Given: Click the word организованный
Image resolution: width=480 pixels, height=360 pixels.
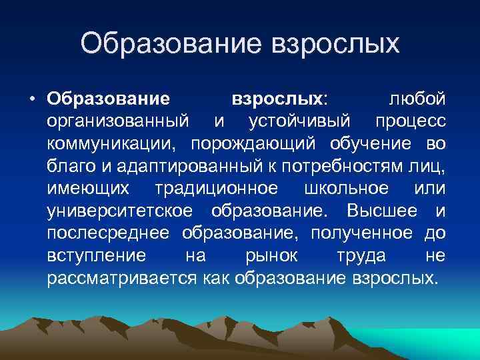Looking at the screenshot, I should point(121,122).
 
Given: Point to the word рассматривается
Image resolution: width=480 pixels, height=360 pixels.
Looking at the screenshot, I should point(122,278).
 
